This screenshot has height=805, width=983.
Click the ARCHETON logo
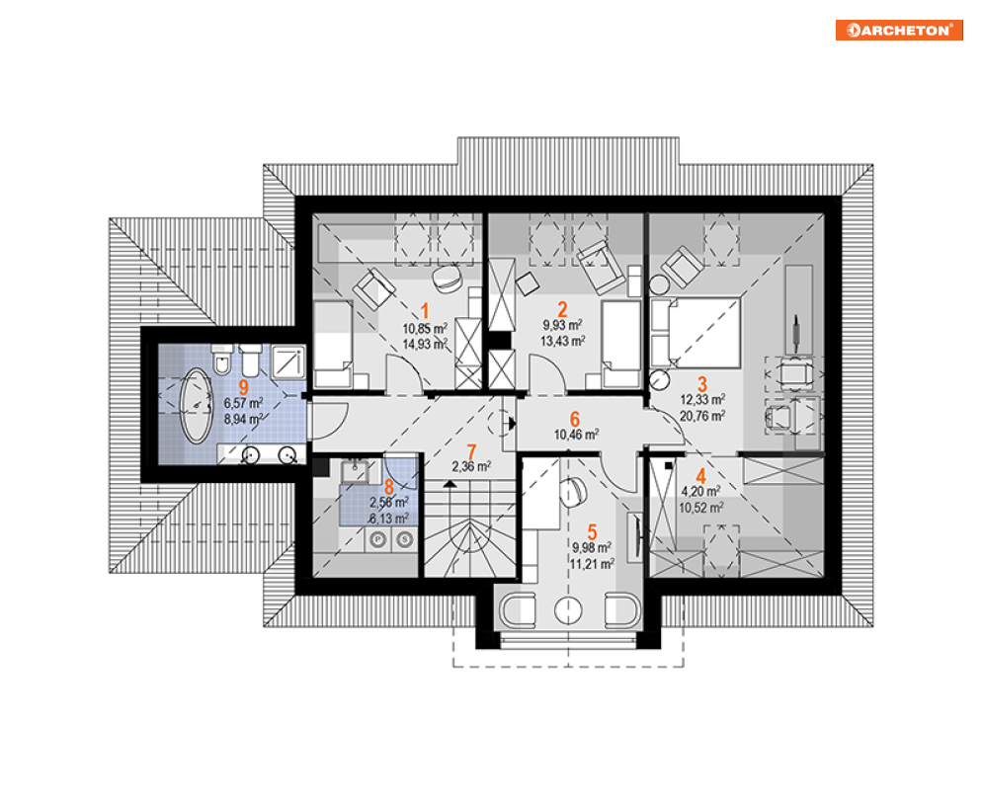pyautogui.click(x=899, y=30)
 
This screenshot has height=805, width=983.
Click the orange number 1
pyautogui.click(x=426, y=309)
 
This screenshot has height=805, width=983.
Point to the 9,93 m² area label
pyautogui.click(x=561, y=325)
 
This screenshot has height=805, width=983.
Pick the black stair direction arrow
pyautogui.click(x=450, y=485)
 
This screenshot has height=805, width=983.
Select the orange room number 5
pyautogui.click(x=592, y=530)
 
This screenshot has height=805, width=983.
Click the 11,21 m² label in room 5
pyautogui.click(x=592, y=563)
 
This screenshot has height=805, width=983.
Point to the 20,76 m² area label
pyautogui.click(x=702, y=416)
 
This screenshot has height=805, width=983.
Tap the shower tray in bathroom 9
pyautogui.click(x=287, y=361)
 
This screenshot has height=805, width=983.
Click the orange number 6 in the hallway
pyautogui.click(x=574, y=418)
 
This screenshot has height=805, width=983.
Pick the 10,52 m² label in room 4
pyautogui.click(x=702, y=508)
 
